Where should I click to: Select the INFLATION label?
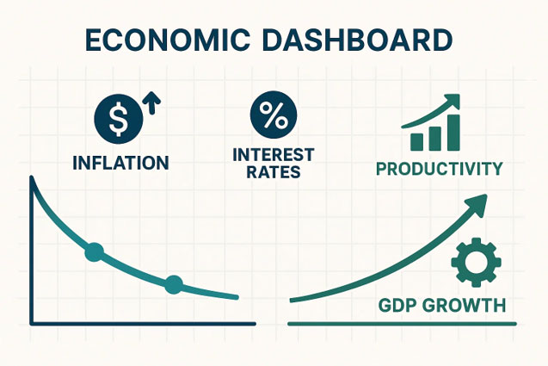120,162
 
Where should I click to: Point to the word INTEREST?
274,154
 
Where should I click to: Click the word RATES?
274,171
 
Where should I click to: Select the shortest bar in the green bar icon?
417,142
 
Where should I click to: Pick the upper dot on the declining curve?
95,251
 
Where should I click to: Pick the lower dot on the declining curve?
174,283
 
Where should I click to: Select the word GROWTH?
465,306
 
